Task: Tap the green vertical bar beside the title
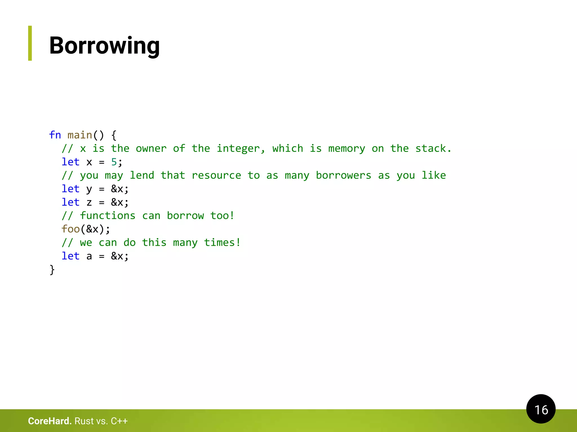coord(30,43)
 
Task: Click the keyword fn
coord(55,135)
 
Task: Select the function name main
coord(80,135)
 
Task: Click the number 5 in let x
coord(114,162)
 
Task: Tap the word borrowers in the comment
coord(343,175)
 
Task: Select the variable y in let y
coord(89,189)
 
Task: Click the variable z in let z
coord(89,202)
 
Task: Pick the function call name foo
coord(70,229)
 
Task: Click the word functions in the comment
coord(108,216)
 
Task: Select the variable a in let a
coord(89,256)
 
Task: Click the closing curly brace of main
coord(52,270)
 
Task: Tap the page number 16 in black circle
coord(541,409)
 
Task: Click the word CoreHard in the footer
coord(50,421)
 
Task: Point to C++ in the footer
coord(119,421)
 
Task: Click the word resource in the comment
coord(216,175)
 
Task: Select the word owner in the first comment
coord(151,148)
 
